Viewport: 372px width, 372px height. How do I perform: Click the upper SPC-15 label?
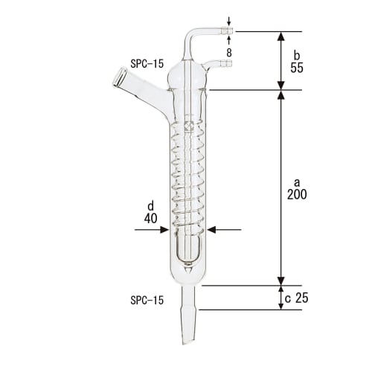tap(147, 64)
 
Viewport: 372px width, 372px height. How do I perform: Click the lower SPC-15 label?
tap(147, 300)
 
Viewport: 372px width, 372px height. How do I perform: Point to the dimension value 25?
tap(301, 298)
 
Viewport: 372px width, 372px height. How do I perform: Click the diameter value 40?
tap(151, 219)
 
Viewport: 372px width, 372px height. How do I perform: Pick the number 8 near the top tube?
tap(230, 53)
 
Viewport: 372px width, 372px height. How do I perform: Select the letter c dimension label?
tap(288, 298)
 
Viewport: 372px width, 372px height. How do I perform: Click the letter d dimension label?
tap(151, 207)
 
